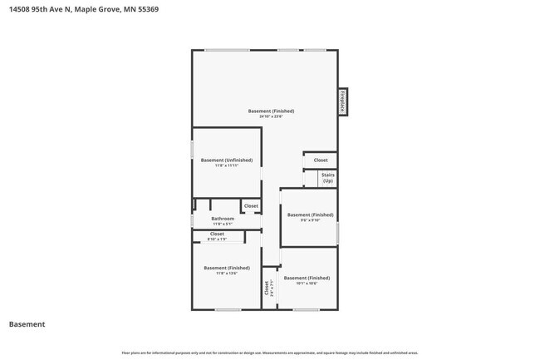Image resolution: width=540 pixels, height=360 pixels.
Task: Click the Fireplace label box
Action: click(341, 102)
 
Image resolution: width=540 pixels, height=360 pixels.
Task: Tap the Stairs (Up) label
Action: click(327, 178)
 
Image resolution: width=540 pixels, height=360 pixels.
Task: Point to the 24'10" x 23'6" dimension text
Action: click(271, 116)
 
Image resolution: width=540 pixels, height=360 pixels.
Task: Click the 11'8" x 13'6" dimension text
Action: click(227, 274)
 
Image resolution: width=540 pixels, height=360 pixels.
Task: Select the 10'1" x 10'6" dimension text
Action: click(307, 284)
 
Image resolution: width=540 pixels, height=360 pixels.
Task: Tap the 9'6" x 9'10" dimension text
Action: click(309, 220)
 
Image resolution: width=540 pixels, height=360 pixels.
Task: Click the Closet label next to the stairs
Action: click(321, 160)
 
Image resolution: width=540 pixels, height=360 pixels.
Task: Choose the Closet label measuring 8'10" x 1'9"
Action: click(217, 239)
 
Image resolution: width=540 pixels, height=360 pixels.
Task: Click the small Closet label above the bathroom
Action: click(251, 205)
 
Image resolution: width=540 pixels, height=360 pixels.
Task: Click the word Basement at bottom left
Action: click(27, 324)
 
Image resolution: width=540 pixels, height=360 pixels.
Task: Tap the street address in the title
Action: click(42, 9)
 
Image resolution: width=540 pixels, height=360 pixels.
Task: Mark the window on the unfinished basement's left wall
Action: click(193, 150)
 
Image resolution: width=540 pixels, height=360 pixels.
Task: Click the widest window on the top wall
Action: click(228, 51)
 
